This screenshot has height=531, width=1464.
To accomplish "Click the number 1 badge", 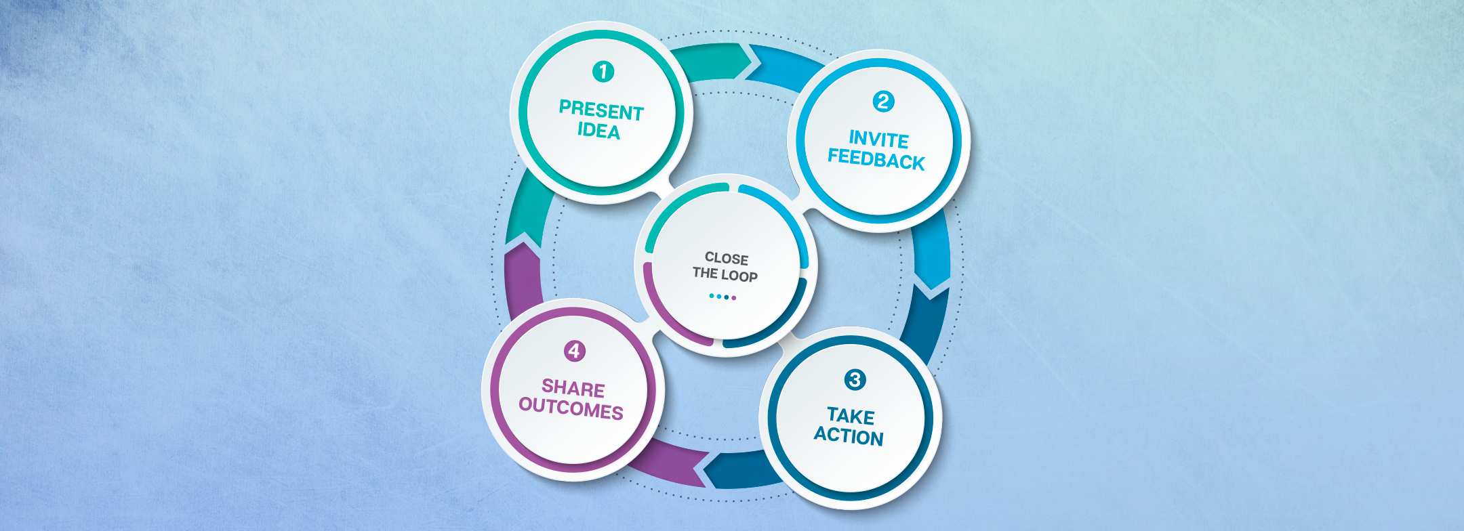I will click(603, 71).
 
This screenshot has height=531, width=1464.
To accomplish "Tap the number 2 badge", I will click(882, 102).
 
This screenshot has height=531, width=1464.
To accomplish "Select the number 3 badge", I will click(855, 379).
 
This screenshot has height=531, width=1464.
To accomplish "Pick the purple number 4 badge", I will click(574, 351).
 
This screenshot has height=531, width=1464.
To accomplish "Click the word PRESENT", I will click(601, 110).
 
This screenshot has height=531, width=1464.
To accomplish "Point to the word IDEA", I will click(598, 131).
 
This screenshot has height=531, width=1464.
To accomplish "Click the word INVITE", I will click(878, 140).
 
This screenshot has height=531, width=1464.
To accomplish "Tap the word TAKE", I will click(851, 415).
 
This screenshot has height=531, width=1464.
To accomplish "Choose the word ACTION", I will click(849, 436).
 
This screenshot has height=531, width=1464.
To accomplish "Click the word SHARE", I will click(573, 388).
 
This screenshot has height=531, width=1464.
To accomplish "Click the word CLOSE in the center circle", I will click(727, 258).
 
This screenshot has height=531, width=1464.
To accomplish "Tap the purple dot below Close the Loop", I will click(733, 297).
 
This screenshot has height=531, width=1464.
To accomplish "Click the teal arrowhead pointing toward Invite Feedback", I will click(750, 61).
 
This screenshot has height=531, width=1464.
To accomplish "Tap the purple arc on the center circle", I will click(668, 312).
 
